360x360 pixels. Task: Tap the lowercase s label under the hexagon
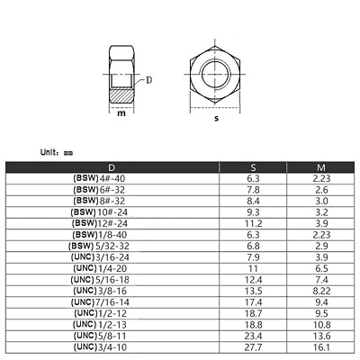pos(215,118)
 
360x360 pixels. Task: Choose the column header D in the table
pos(112,167)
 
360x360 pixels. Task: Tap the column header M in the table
pos(320,167)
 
